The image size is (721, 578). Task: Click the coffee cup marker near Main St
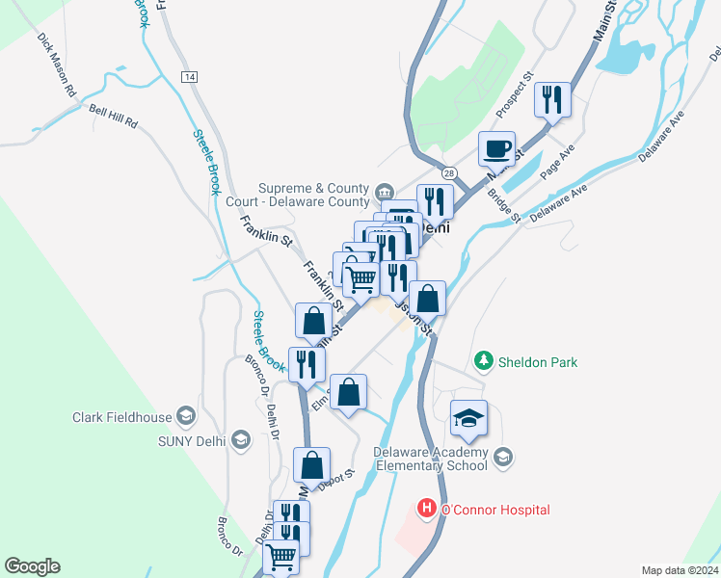click(x=496, y=150)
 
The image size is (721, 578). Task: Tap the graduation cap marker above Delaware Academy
click(x=468, y=419)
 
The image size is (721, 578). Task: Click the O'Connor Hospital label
click(x=494, y=509)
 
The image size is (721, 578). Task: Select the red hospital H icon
click(x=425, y=508)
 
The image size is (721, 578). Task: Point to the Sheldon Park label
click(x=538, y=362)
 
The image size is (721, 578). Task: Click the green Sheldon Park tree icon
click(x=484, y=362)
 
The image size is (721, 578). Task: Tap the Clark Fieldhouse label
click(x=121, y=418)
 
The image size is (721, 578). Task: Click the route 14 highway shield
click(x=189, y=76)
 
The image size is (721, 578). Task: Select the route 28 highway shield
click(x=450, y=171)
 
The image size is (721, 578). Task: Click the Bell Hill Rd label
click(x=114, y=117)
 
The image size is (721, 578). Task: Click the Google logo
click(x=32, y=566)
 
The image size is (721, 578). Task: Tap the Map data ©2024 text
click(x=679, y=569)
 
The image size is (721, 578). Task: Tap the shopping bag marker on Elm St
click(x=349, y=392)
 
